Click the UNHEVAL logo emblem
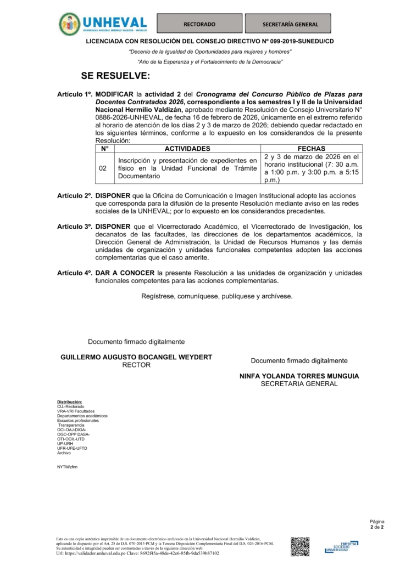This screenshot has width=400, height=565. [69, 24]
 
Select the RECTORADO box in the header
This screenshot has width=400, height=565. [199, 24]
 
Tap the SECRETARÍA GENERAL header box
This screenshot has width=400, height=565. [290, 24]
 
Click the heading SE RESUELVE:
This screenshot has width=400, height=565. [115, 75]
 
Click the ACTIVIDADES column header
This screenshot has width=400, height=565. [187, 149]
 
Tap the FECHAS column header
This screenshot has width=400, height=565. [311, 149]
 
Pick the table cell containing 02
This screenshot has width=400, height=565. [103, 168]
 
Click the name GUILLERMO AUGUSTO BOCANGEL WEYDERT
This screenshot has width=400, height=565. [136, 357]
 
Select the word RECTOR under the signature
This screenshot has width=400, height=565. [136, 365]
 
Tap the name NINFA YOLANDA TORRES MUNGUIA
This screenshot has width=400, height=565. [299, 376]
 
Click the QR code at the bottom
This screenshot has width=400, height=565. [300, 546]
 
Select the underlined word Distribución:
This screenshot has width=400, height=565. [69, 402]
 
